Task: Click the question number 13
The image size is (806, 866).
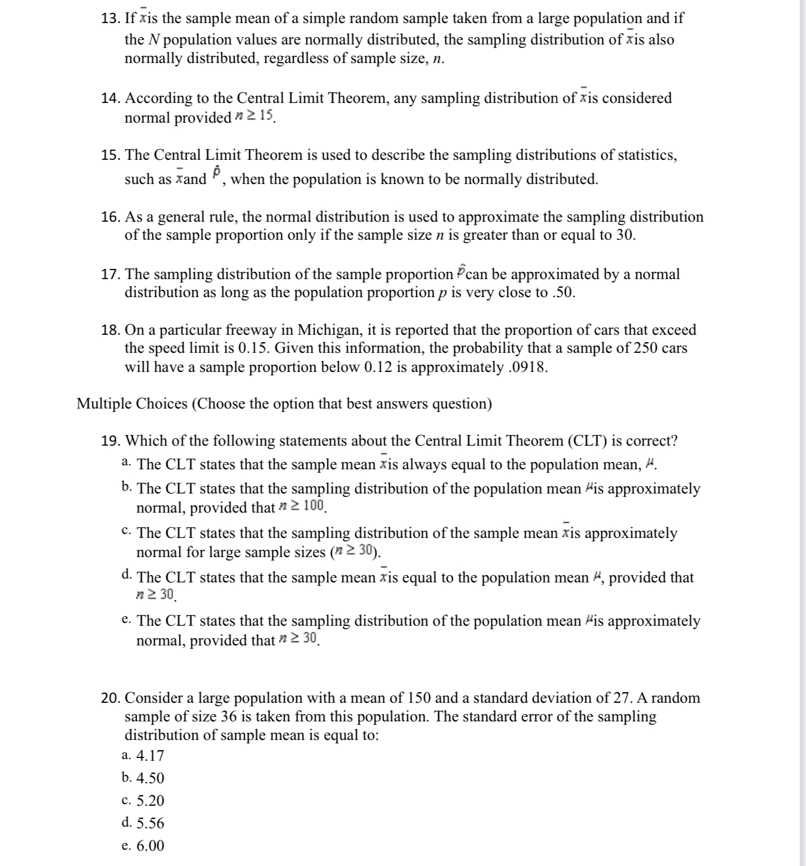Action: click(110, 19)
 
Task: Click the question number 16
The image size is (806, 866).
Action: click(110, 217)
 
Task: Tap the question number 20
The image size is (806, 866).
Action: click(110, 698)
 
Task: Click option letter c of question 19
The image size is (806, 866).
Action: click(127, 531)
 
